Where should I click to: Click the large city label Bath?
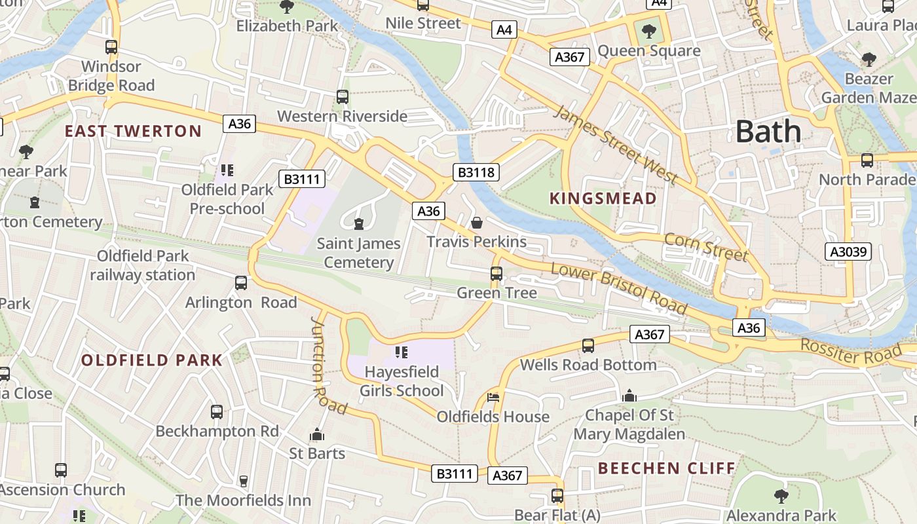coord(768,132)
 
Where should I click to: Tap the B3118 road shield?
coord(476,172)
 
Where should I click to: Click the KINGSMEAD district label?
coord(603,198)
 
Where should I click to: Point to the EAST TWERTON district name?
coord(133,131)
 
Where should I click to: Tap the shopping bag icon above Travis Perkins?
coord(477,223)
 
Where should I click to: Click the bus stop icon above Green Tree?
coord(496,274)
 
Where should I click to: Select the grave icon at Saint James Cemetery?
coord(358,225)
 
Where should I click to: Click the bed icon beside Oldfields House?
coord(493,398)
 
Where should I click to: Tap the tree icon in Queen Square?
coord(648,30)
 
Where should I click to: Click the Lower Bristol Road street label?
coord(618,288)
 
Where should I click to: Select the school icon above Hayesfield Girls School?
coord(402,353)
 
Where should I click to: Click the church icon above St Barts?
coord(317,435)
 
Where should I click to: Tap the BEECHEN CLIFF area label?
coord(667,468)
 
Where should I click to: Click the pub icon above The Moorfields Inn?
coord(243,481)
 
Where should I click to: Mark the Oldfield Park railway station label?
coord(143,265)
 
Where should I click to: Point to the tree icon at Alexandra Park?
coord(781,496)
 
